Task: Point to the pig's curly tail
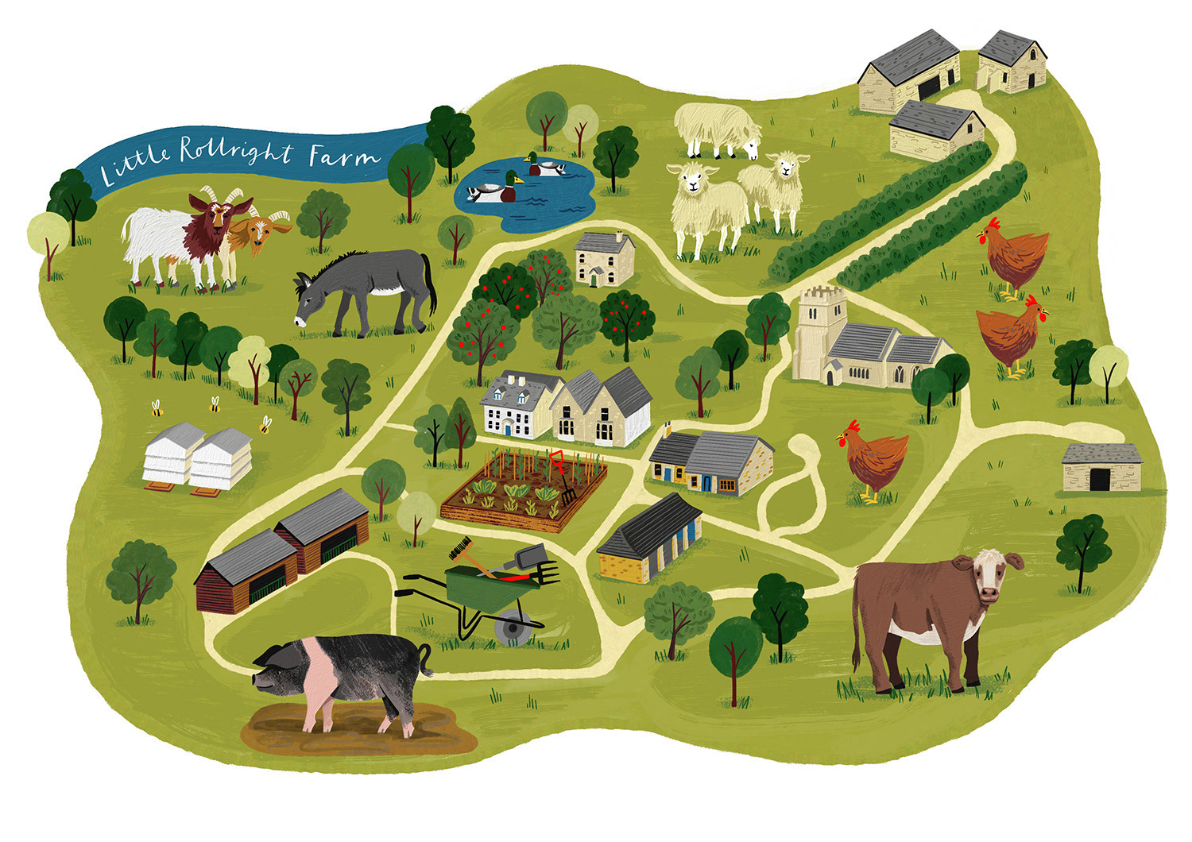pyautogui.click(x=428, y=659)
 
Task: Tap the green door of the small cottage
pyautogui.click(x=593, y=278)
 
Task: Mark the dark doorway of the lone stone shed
pyautogui.click(x=1101, y=480)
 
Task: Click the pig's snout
pyautogui.click(x=257, y=681)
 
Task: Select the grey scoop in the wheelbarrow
pyautogui.click(x=528, y=558)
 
